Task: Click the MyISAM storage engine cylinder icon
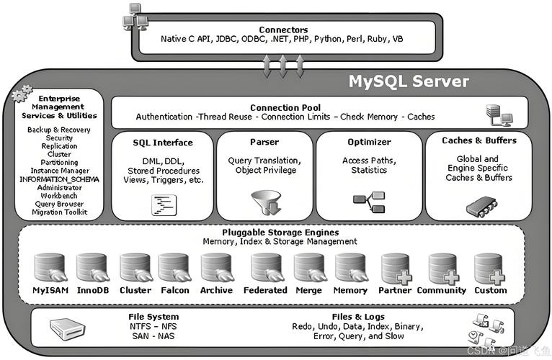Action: point(50,268)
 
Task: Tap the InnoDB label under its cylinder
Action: point(93,290)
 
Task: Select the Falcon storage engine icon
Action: point(174,268)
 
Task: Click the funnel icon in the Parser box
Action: point(266,203)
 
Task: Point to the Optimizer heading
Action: point(369,142)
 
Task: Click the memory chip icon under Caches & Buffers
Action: point(481,207)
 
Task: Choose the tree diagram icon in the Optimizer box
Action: point(369,202)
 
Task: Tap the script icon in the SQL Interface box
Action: point(164,205)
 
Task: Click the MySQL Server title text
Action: point(409,81)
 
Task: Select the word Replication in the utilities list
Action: point(59,146)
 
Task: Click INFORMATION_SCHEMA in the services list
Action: point(59,179)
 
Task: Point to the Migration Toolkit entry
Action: point(60,212)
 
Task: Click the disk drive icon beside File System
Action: point(67,329)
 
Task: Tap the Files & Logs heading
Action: point(358,317)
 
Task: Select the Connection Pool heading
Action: point(285,108)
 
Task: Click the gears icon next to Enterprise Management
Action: point(22,94)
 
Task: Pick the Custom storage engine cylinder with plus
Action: point(490,269)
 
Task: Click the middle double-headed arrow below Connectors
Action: point(283,66)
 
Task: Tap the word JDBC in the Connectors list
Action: point(226,39)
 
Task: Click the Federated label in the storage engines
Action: point(265,290)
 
